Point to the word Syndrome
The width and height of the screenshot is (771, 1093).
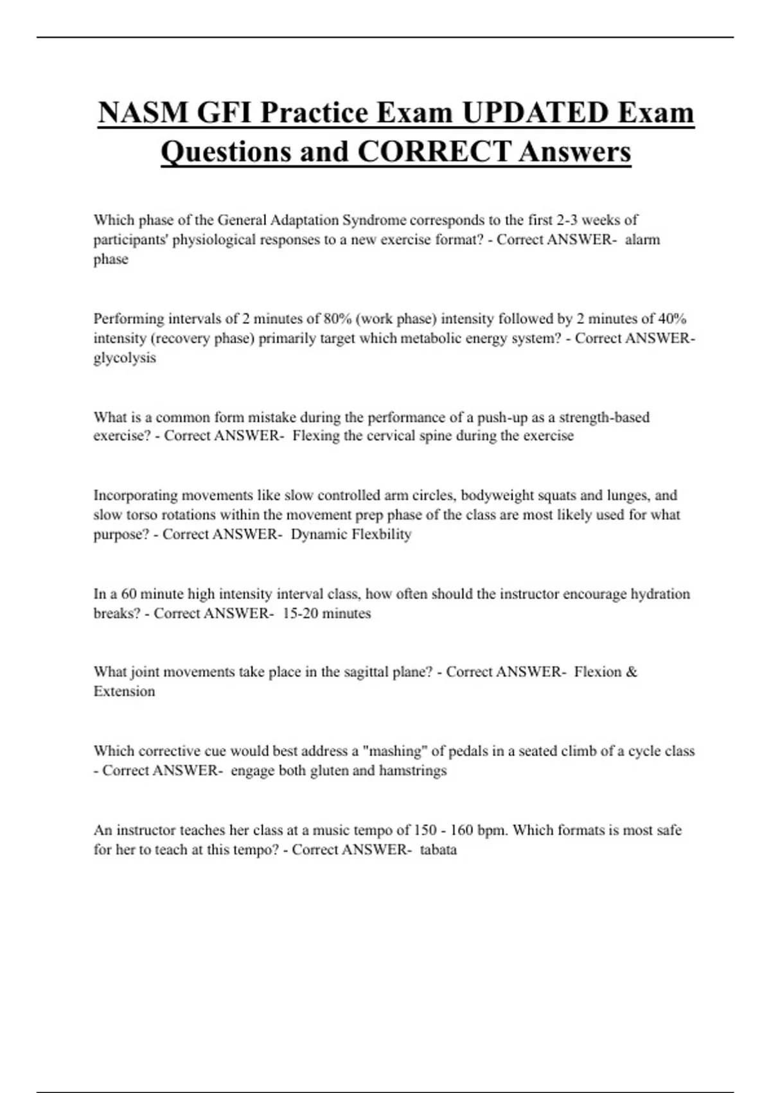[375, 220]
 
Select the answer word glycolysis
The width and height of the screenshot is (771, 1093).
[125, 358]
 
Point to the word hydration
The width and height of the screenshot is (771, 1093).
[660, 594]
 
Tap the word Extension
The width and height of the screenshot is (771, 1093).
[124, 692]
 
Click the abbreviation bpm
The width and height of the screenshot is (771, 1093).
[493, 831]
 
